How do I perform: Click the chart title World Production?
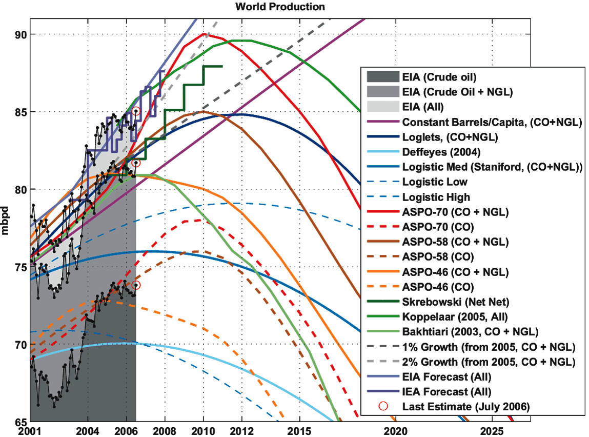[280, 7]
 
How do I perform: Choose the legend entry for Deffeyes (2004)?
[437, 152]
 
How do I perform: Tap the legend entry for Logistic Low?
[435, 182]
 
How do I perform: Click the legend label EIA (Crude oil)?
[439, 77]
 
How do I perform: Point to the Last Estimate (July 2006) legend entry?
[465, 406]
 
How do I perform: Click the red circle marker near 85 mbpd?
[136, 111]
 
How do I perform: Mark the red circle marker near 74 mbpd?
[136, 285]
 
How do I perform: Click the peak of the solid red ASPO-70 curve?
[204, 34]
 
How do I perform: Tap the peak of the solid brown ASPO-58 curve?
[203, 111]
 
